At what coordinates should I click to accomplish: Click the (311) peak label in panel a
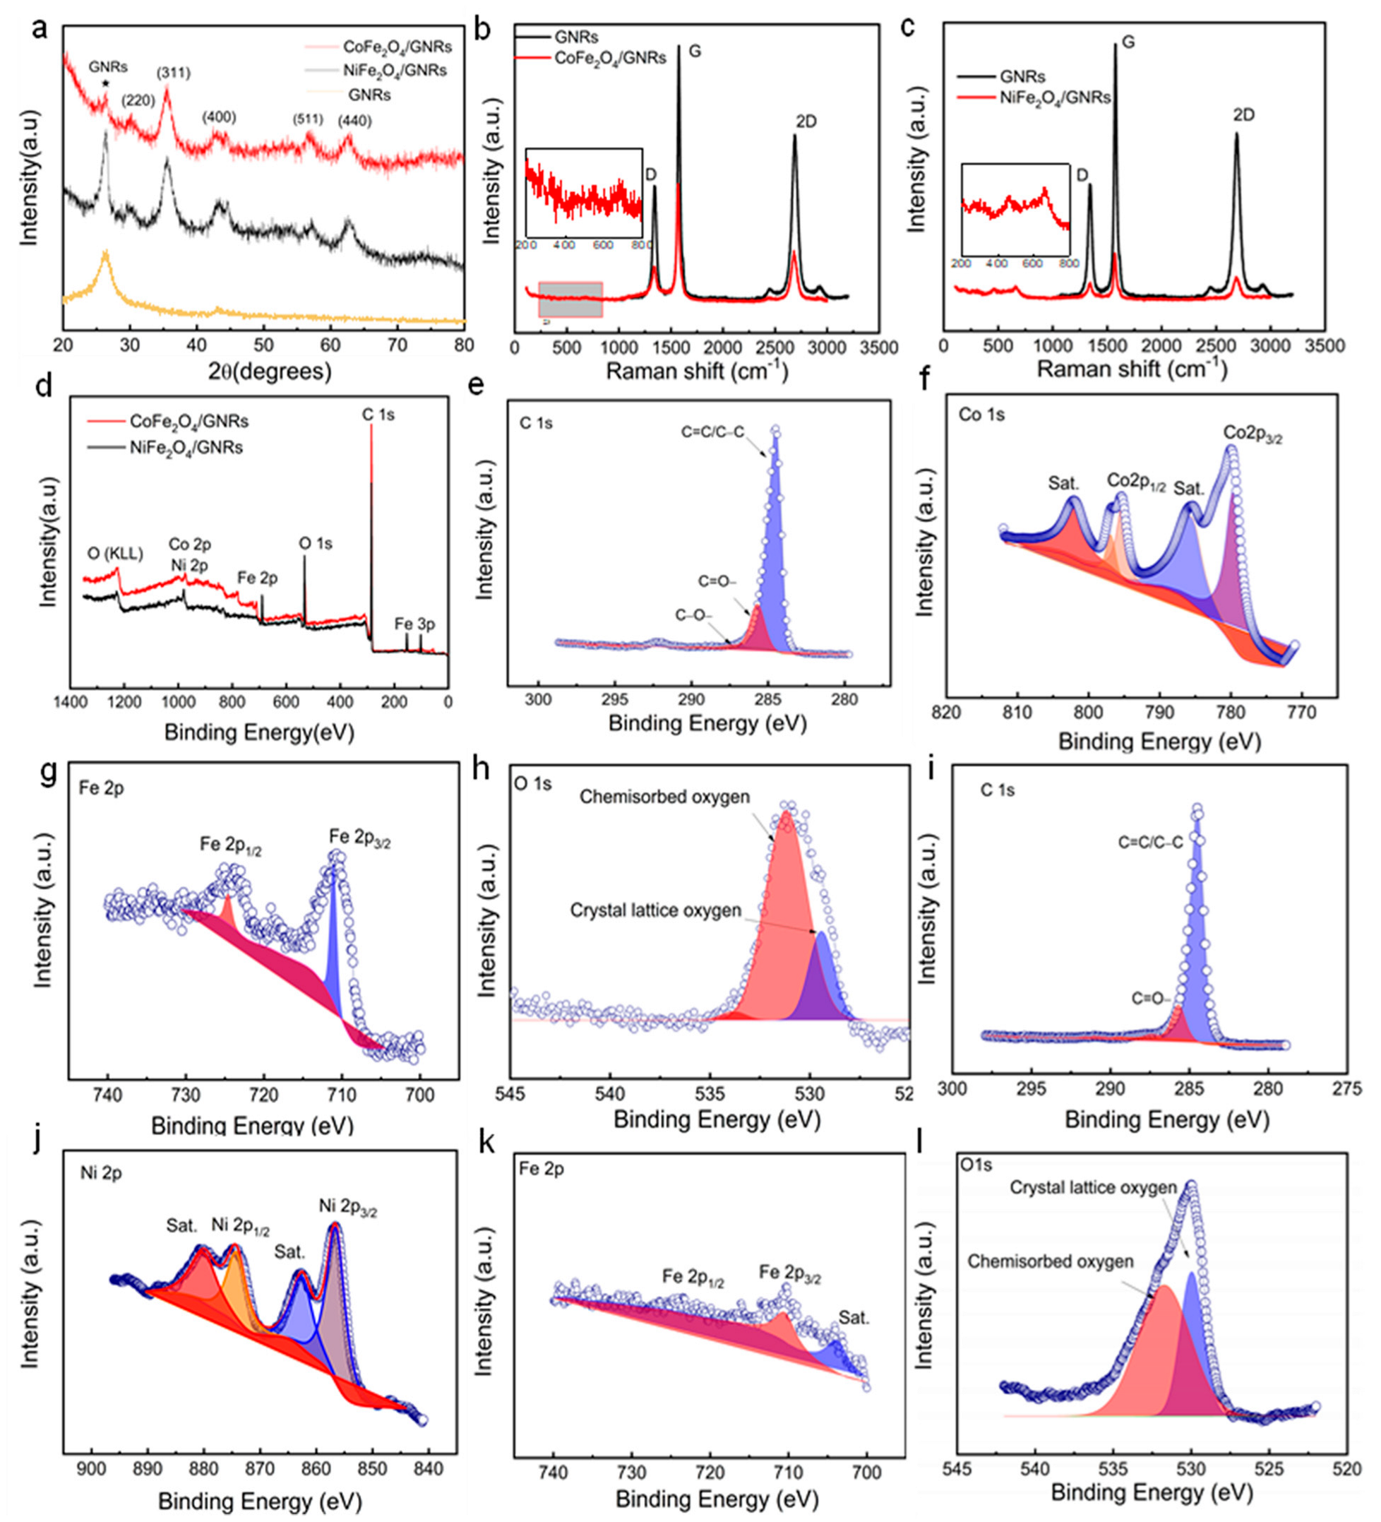click(x=173, y=73)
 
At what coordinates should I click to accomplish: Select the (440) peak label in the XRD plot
click(x=354, y=121)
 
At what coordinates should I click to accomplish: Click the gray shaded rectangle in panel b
click(x=570, y=299)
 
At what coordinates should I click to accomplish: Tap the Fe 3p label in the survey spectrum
click(x=414, y=624)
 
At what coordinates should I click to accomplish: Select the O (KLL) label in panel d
click(x=114, y=554)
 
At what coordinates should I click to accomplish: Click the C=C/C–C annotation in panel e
click(x=712, y=433)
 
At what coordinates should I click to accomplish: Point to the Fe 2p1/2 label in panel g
click(x=230, y=844)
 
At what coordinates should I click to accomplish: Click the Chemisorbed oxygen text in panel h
click(x=665, y=797)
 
